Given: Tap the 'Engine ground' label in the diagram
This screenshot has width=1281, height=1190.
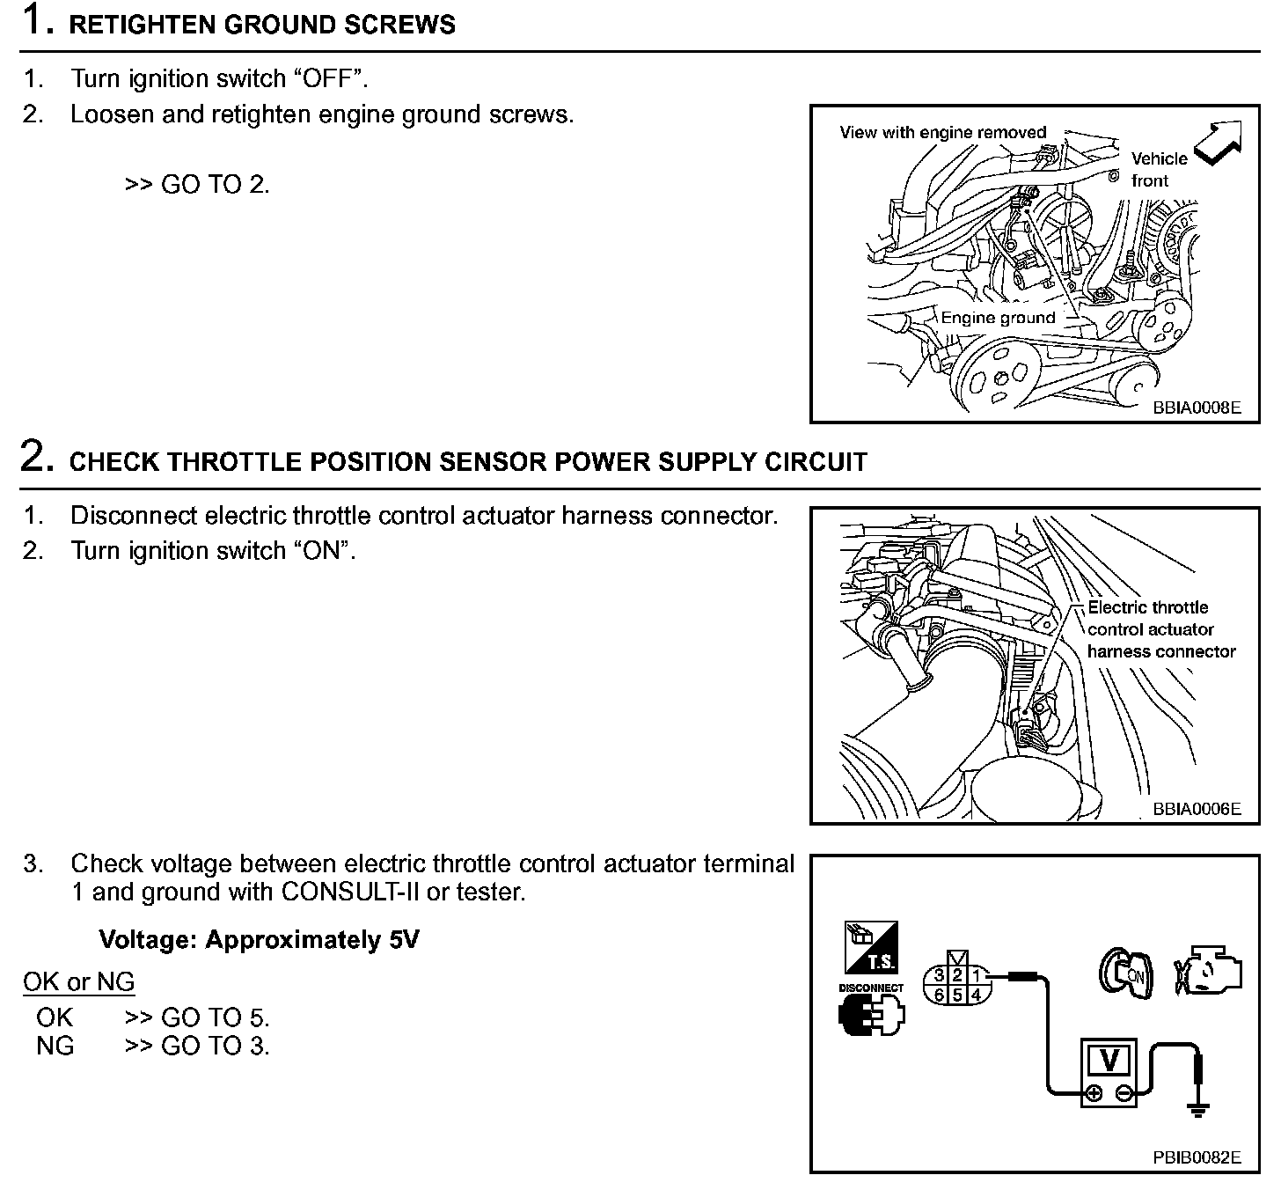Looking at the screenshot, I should [x=998, y=318].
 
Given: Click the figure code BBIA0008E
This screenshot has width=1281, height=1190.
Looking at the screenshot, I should [x=1197, y=408].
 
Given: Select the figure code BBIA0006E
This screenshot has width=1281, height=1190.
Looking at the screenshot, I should [x=1197, y=809].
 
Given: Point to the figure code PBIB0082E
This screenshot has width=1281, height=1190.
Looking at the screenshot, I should [x=1197, y=1157].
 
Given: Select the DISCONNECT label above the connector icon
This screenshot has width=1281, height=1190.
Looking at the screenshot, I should [x=871, y=988].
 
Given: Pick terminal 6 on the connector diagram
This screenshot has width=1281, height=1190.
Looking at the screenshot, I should [x=940, y=995].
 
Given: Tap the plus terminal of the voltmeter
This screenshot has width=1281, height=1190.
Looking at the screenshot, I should [x=1093, y=1094].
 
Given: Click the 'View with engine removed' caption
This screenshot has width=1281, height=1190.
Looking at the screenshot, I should [x=942, y=133].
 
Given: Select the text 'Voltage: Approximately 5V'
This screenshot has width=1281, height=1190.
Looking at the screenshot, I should [x=259, y=940].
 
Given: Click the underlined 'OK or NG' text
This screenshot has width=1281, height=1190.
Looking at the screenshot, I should [x=78, y=981].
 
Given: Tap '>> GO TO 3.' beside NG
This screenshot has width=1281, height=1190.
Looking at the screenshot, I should [x=197, y=1046].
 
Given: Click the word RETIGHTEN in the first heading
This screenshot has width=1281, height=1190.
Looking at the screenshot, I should [x=143, y=25].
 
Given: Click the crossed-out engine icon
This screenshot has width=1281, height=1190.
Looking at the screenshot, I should [x=1208, y=973].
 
